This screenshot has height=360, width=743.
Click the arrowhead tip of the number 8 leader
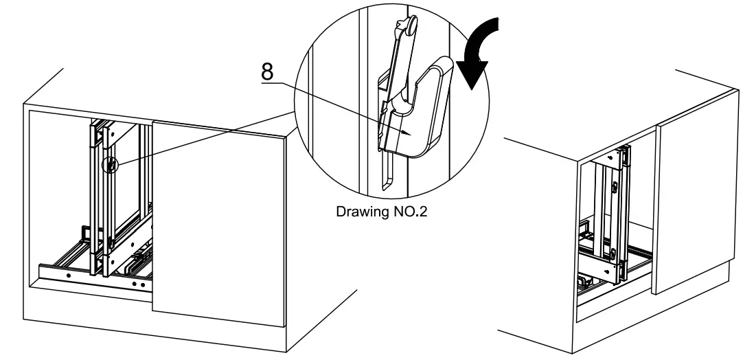[410, 133]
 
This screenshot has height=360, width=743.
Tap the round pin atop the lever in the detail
[410, 25]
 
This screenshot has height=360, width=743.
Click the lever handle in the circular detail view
[429, 110]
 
